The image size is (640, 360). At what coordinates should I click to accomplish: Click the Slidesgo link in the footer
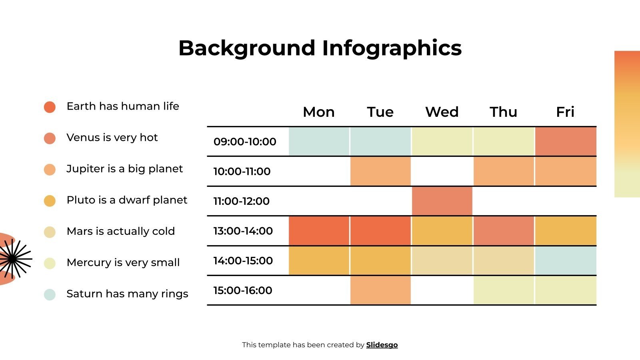click(382, 345)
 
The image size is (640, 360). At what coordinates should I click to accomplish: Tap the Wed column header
click(442, 112)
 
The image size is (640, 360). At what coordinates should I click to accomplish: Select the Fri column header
click(565, 112)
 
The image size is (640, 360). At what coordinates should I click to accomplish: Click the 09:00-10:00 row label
click(245, 142)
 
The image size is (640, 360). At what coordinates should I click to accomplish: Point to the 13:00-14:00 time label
click(243, 231)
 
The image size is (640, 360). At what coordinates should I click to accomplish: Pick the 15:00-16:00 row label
click(242, 290)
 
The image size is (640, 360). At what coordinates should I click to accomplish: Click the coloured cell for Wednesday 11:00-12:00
click(442, 201)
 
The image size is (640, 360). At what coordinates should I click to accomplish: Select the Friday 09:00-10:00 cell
click(566, 141)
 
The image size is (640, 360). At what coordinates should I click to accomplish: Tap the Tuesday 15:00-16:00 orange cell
click(380, 290)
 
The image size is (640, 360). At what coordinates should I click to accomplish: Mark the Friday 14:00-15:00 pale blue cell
click(566, 260)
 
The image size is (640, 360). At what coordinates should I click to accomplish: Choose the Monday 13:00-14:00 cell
click(319, 231)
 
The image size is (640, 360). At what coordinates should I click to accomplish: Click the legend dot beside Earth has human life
click(50, 107)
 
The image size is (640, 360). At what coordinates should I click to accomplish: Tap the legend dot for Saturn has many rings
click(50, 294)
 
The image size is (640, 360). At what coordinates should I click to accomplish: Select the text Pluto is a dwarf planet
click(127, 200)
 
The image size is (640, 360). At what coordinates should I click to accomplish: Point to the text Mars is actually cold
click(120, 231)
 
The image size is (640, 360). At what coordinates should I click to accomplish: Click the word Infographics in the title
click(392, 48)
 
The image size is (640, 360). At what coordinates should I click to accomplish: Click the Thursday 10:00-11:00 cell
click(504, 171)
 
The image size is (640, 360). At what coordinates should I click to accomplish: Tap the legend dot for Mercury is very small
click(50, 263)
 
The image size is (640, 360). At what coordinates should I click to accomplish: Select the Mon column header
click(318, 112)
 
